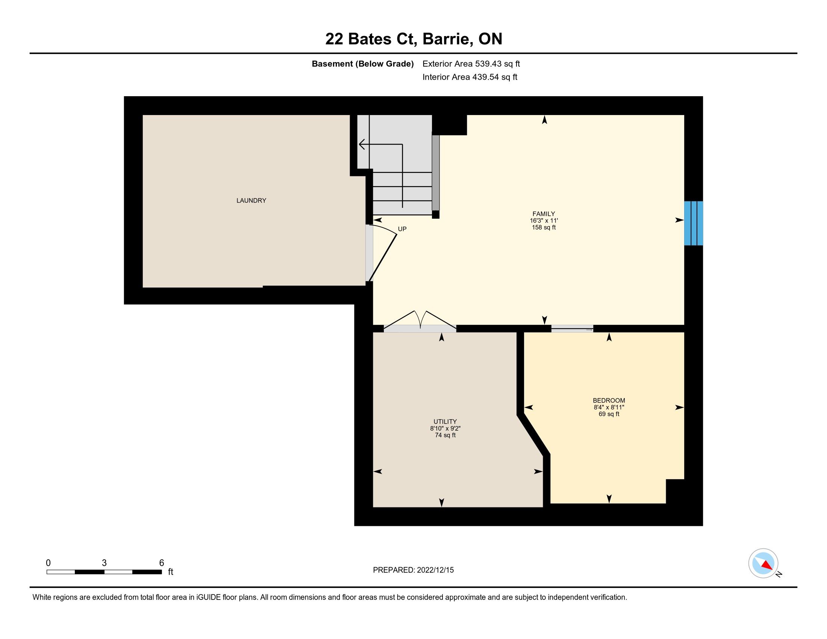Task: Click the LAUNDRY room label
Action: pyautogui.click(x=251, y=201)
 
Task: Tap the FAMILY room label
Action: pyautogui.click(x=544, y=214)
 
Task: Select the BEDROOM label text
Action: pyautogui.click(x=609, y=401)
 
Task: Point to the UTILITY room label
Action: pyautogui.click(x=445, y=422)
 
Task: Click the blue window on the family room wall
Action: pyautogui.click(x=693, y=223)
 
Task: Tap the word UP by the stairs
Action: pyautogui.click(x=402, y=229)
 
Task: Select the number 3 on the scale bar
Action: pyautogui.click(x=104, y=563)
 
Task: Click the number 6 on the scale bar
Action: pyautogui.click(x=162, y=563)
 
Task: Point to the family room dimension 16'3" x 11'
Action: pyautogui.click(x=544, y=221)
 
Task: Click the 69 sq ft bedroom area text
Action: pyautogui.click(x=609, y=414)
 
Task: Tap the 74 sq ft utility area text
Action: pyautogui.click(x=445, y=435)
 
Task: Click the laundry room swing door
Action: pyautogui.click(x=382, y=253)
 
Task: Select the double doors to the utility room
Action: pyautogui.click(x=420, y=322)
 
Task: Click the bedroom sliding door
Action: pyautogui.click(x=572, y=329)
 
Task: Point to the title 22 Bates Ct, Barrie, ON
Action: pyautogui.click(x=413, y=39)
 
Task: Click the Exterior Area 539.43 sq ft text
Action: pyautogui.click(x=471, y=64)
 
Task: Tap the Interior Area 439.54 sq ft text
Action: pyautogui.click(x=470, y=77)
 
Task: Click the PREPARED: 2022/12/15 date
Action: pyautogui.click(x=413, y=570)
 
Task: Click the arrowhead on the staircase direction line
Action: pyautogui.click(x=362, y=144)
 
